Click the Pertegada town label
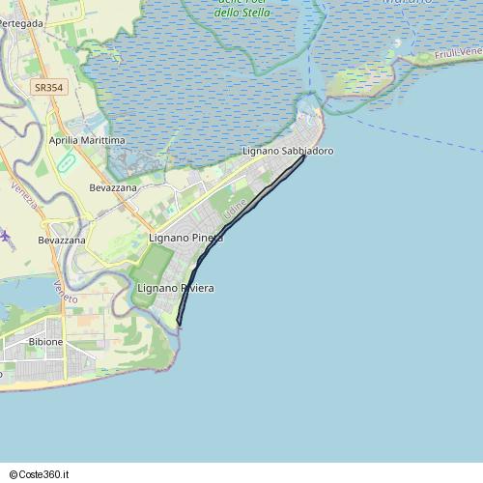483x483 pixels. [x=21, y=22]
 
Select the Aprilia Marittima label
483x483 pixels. [x=87, y=140]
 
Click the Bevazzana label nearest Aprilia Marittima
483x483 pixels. [x=113, y=187]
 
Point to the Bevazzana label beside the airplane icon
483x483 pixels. [x=62, y=240]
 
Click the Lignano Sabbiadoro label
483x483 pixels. [x=288, y=152]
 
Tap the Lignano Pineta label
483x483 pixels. [x=186, y=238]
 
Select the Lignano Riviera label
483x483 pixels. [x=175, y=289]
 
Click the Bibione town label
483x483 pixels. [x=46, y=342]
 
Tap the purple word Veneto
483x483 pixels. [x=66, y=291]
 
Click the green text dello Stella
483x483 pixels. [x=241, y=13]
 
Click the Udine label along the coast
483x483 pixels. [x=236, y=207]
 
